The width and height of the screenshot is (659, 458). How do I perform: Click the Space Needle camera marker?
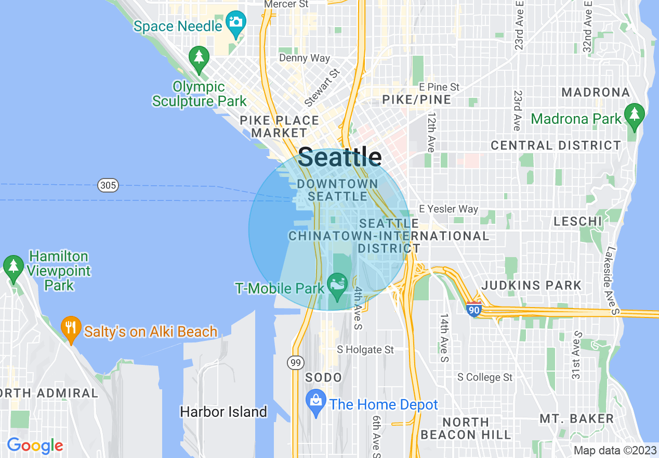(x=236, y=23)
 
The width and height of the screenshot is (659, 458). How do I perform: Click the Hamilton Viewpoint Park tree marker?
(x=13, y=266)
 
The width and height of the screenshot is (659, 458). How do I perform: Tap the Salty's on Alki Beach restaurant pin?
(x=71, y=328)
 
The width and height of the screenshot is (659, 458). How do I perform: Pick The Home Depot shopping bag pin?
(x=315, y=401)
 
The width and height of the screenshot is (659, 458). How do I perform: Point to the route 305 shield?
(x=108, y=185)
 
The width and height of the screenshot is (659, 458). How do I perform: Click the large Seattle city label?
(x=340, y=157)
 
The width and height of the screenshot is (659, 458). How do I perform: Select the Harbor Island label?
(x=223, y=412)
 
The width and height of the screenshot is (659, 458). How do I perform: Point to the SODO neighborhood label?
(x=323, y=377)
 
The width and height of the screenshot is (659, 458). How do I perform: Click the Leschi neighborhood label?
(x=578, y=221)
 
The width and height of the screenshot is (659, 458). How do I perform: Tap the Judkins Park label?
(x=532, y=285)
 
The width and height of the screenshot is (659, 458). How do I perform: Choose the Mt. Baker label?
(x=576, y=418)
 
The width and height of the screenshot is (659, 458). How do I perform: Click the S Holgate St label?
(x=365, y=350)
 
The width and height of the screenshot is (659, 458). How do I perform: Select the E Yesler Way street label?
(x=448, y=209)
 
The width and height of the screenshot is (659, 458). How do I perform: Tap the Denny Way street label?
(x=305, y=58)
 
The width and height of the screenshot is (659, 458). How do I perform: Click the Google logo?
(x=35, y=446)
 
